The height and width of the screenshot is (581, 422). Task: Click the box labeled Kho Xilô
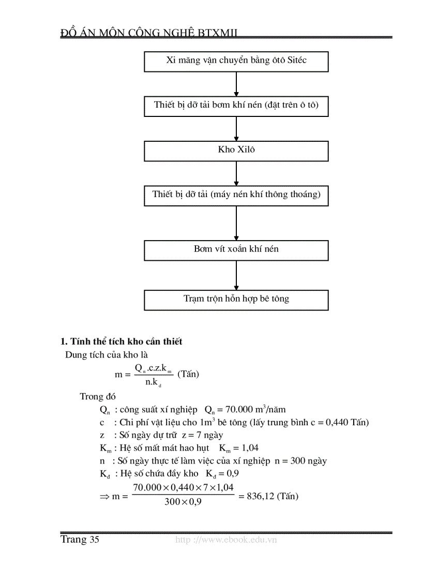point(236,151)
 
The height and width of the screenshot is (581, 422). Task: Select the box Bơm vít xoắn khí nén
point(236,249)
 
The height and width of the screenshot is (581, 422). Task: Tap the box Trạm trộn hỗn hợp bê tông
point(236,299)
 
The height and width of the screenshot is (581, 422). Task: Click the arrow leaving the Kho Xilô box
point(236,173)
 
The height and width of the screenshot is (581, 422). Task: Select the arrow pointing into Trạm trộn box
point(236,275)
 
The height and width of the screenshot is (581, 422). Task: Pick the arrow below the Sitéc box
point(236,83)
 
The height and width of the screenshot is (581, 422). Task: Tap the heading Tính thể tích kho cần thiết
point(122,341)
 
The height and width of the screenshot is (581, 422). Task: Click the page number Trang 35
point(80,540)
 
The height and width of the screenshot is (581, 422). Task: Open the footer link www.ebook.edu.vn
point(227,540)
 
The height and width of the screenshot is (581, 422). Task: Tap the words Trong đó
point(98,397)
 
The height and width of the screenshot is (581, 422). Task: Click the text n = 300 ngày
point(301,460)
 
